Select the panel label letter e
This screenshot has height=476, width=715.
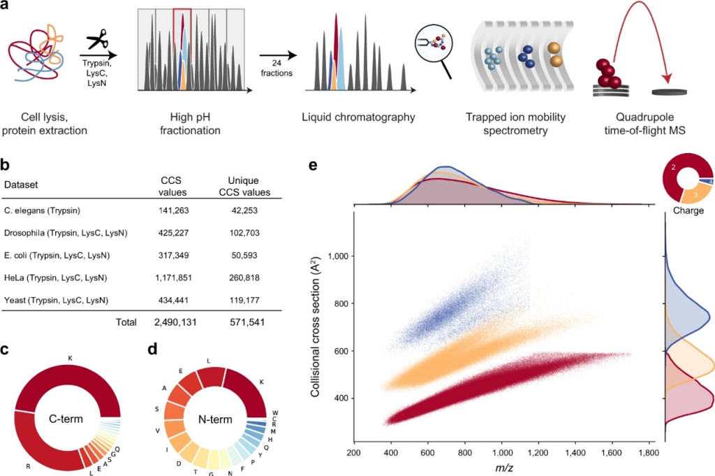pyautogui.click(x=313, y=166)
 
